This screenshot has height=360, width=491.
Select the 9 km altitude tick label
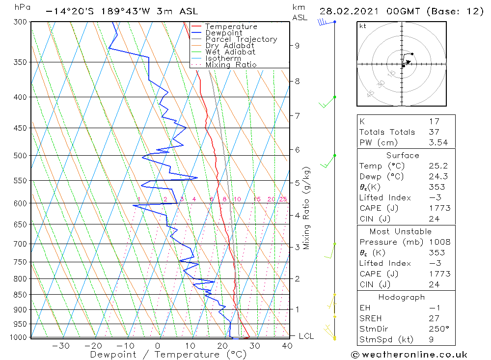point(297,46)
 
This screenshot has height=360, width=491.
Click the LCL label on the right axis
point(306,336)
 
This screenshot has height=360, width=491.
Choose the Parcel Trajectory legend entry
point(241,39)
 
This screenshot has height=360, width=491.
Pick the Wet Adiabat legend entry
point(230,52)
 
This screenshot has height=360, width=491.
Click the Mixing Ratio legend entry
point(231,64)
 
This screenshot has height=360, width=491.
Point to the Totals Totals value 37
point(434,132)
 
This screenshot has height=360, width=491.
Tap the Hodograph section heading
point(402,297)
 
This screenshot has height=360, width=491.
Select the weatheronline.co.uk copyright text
point(409,355)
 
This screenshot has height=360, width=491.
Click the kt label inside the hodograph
point(363,26)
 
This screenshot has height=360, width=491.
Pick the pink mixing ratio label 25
point(283,199)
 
